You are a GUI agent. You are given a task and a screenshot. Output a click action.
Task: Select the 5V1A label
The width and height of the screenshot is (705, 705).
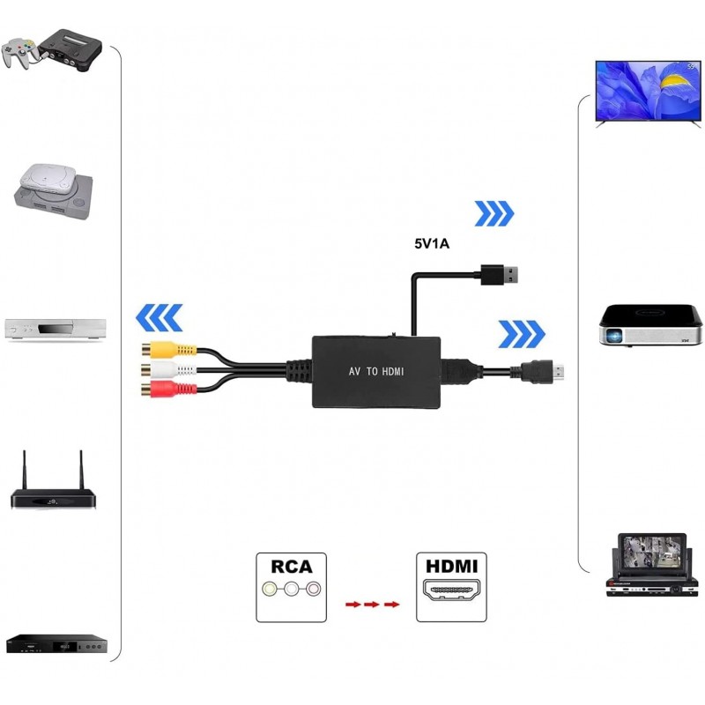tap(432, 246)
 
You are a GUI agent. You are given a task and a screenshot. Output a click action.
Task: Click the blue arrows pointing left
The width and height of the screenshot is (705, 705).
tap(159, 317)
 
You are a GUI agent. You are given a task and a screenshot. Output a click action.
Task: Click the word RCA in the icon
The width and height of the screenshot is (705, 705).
tap(292, 566)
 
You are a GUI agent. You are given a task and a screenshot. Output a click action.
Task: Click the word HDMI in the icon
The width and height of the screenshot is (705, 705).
tap(450, 566)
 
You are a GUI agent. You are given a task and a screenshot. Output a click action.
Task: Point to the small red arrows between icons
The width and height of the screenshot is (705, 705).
tap(371, 605)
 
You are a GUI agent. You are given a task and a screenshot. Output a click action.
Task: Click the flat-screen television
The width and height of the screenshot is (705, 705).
tap(648, 93)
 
